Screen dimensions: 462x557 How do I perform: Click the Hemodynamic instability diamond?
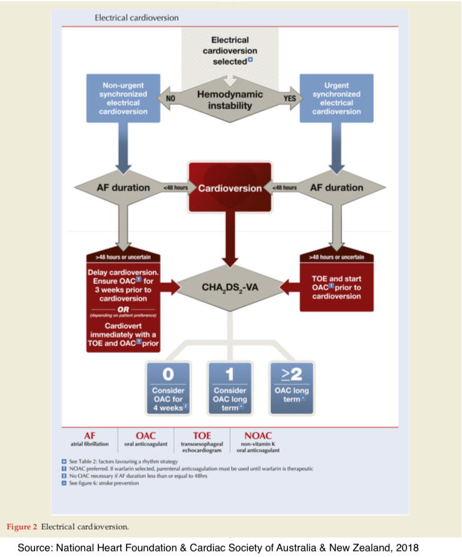(x=230, y=100)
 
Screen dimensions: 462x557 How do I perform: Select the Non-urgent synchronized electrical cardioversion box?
(x=123, y=98)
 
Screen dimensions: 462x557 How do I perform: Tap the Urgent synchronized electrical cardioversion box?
(x=337, y=98)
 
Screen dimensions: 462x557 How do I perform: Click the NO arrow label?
(x=170, y=98)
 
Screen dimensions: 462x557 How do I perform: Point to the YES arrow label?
(x=290, y=98)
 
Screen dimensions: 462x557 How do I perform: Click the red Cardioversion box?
(x=230, y=188)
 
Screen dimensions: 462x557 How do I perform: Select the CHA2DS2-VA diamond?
(x=230, y=287)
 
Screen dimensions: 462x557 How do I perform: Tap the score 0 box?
(x=168, y=388)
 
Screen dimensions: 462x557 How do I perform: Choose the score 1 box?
(x=230, y=388)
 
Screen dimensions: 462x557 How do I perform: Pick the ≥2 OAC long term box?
(x=292, y=388)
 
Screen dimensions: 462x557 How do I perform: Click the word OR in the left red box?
(x=123, y=309)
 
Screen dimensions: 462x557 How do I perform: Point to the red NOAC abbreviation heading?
(x=258, y=436)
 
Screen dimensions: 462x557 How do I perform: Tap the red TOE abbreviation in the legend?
(x=202, y=436)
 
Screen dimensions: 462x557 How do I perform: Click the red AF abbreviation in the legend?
(x=90, y=436)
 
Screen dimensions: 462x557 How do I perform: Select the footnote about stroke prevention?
(x=104, y=483)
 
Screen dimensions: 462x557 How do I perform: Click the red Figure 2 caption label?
(x=22, y=527)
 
